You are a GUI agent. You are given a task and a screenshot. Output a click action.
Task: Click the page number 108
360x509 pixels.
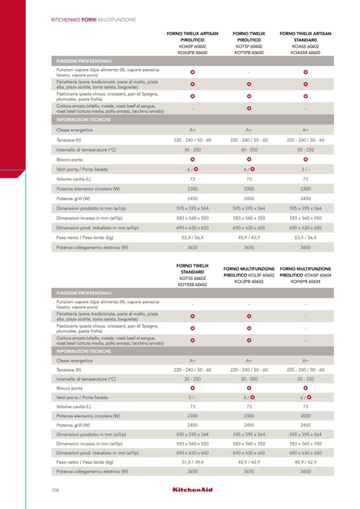pyautogui.click(x=55, y=489)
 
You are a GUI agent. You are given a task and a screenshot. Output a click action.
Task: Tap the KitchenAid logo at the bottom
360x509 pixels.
pyautogui.click(x=192, y=489)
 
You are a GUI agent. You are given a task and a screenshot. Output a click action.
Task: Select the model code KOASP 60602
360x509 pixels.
pyautogui.click(x=192, y=47)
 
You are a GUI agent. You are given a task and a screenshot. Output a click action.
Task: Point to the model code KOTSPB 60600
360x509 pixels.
pyautogui.click(x=249, y=53)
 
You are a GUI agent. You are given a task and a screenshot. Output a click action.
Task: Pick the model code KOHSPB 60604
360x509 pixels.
pyautogui.click(x=305, y=282)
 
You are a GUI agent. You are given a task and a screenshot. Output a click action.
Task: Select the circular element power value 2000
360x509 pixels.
pyautogui.click(x=305, y=416)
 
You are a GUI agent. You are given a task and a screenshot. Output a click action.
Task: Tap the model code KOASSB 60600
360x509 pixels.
pyautogui.click(x=305, y=53)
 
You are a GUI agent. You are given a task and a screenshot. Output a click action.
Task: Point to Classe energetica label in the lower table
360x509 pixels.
pyautogui.click(x=74, y=360)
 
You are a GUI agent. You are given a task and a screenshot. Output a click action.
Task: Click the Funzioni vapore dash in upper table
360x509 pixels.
pyautogui.click(x=249, y=71)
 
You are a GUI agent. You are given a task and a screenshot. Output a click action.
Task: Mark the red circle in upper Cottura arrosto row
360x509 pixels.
pyautogui.click(x=249, y=108)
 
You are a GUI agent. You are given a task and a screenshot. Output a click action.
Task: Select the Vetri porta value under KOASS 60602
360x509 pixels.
pyautogui.click(x=305, y=169)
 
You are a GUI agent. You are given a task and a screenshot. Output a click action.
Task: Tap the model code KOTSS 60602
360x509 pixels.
pyautogui.click(x=192, y=278)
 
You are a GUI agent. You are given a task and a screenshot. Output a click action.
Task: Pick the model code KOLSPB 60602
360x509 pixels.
pyautogui.click(x=249, y=282)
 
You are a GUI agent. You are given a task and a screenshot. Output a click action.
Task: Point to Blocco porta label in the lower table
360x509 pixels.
pyautogui.click(x=70, y=388)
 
